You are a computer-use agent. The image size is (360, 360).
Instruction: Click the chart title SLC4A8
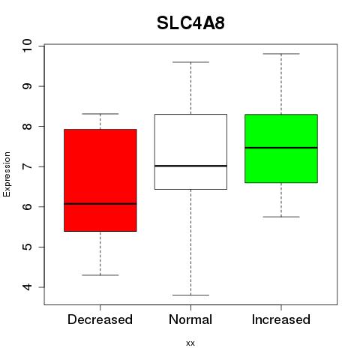click(x=190, y=23)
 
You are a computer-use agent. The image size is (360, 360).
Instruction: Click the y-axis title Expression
click(x=7, y=174)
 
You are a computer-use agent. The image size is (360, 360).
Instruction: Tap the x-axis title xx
click(x=190, y=343)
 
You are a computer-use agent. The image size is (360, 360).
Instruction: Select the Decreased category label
click(x=100, y=319)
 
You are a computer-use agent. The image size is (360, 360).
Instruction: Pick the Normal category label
click(x=190, y=319)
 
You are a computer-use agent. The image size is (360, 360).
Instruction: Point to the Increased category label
click(x=281, y=319)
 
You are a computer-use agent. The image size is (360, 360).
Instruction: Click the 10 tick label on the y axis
click(x=27, y=46)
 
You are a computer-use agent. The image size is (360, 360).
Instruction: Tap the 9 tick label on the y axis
click(x=27, y=86)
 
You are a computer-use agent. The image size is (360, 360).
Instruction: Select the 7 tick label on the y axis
click(x=27, y=166)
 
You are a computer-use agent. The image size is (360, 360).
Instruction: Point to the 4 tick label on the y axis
click(x=27, y=287)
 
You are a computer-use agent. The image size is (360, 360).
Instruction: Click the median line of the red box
click(x=100, y=204)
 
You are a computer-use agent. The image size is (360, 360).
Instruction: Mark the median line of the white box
click(x=190, y=166)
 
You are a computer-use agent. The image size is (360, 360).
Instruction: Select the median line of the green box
click(x=281, y=148)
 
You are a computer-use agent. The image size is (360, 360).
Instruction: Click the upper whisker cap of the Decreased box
click(x=100, y=114)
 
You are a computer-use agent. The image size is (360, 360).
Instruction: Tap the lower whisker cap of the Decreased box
click(x=100, y=275)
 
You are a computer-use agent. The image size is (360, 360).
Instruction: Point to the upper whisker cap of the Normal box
click(x=190, y=62)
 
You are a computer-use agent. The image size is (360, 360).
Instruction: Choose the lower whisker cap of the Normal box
click(x=190, y=295)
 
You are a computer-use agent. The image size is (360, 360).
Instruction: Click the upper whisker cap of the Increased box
click(x=281, y=54)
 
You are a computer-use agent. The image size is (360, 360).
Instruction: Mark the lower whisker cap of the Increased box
click(x=281, y=217)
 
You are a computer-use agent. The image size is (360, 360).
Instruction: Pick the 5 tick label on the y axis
click(x=27, y=247)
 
